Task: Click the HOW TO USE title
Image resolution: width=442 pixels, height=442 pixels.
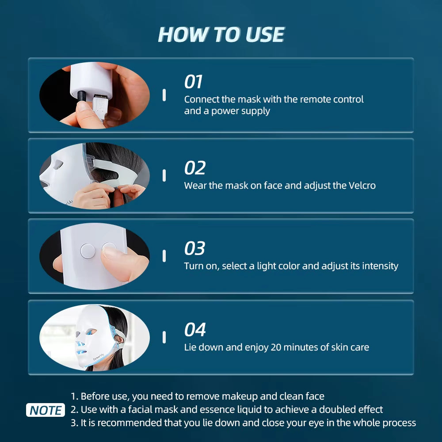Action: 221,34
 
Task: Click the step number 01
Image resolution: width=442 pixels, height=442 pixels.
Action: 193,82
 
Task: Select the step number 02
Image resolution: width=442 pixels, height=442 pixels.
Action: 195,168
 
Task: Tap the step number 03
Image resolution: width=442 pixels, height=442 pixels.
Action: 195,249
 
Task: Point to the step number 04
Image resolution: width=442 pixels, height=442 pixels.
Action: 195,330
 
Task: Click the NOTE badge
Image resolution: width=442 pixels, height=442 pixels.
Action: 46,410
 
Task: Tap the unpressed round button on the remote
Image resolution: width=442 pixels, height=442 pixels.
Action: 88,251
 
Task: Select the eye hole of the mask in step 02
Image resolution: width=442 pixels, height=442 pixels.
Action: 58,166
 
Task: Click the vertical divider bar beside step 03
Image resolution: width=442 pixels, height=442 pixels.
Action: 164,256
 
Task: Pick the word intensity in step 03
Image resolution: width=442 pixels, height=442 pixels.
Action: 380,266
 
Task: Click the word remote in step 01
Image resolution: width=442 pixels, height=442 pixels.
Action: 315,99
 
